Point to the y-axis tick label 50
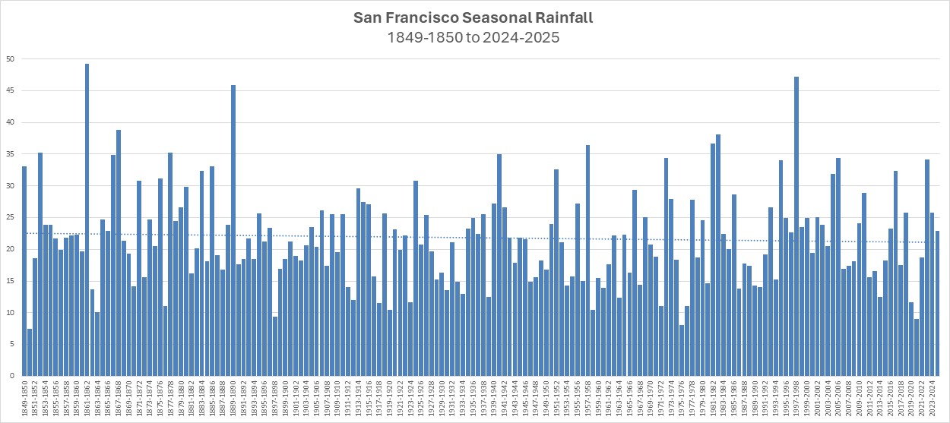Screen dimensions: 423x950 tap(10, 59)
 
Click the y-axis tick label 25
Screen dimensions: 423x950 tap(10, 217)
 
